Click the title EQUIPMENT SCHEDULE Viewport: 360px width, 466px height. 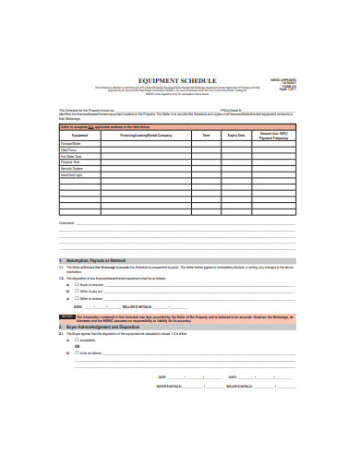coord(179,80)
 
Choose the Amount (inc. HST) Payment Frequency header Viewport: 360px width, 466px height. coord(278,135)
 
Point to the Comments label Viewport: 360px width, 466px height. coord(66,223)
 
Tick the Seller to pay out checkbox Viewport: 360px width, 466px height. coord(76,293)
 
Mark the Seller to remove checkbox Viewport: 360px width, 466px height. coord(76,299)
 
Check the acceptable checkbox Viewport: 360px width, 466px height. coord(76,342)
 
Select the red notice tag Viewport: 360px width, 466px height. coord(66,316)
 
